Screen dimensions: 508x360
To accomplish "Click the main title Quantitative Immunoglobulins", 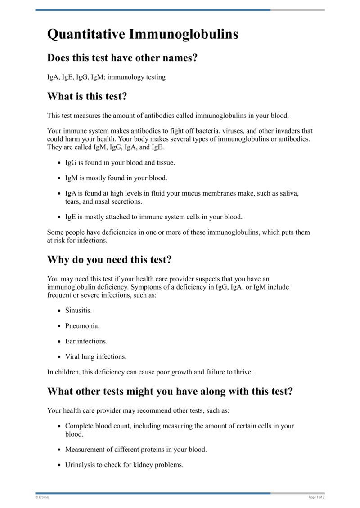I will click(143, 35).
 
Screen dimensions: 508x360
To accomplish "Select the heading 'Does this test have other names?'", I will click(122, 58).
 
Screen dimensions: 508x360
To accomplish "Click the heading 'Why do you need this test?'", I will click(109, 260).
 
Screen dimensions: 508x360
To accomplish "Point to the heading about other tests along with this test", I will click(170, 391).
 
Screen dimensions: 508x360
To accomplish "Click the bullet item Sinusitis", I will click(78, 311).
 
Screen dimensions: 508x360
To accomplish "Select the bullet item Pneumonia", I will click(82, 326).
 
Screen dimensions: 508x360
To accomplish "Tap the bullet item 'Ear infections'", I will click(86, 341).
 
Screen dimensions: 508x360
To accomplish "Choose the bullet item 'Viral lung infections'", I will click(95, 356).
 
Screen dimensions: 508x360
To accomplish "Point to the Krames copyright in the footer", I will click(42, 497).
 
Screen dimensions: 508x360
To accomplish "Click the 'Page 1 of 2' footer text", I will click(316, 497).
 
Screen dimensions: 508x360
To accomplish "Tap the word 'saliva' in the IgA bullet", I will click(288, 193).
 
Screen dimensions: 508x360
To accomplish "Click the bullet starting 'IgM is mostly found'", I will click(116, 178).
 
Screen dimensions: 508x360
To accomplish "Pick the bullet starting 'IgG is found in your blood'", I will click(120, 162).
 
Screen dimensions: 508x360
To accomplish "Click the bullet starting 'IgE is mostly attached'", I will click(153, 217).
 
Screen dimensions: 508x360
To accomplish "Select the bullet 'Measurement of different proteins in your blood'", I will click(136, 450).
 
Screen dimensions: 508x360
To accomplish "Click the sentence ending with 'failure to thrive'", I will click(150, 372).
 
